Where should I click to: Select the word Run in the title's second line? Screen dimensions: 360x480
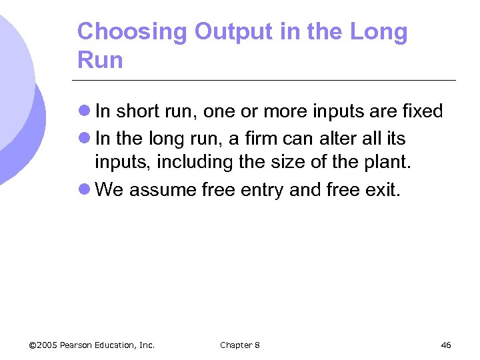100,60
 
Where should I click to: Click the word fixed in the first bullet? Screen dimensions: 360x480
421,111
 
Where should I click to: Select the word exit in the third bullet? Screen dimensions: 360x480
382,190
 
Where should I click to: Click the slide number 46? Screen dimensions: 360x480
446,345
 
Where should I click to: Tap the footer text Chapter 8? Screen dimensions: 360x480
240,345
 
